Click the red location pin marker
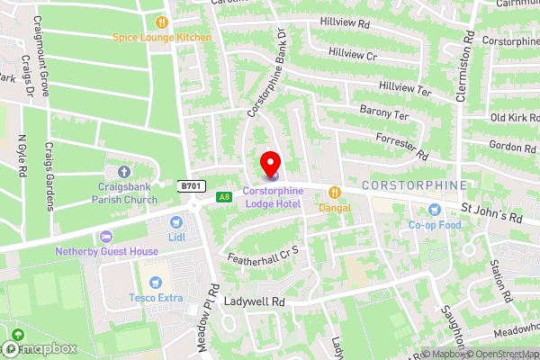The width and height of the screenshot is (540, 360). click(270, 164)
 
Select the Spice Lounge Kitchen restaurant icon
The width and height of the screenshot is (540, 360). click(162, 22)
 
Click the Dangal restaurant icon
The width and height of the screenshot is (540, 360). click(335, 191)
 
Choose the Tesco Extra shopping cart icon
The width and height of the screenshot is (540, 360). click(154, 283)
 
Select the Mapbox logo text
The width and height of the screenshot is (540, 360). click(41, 347)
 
